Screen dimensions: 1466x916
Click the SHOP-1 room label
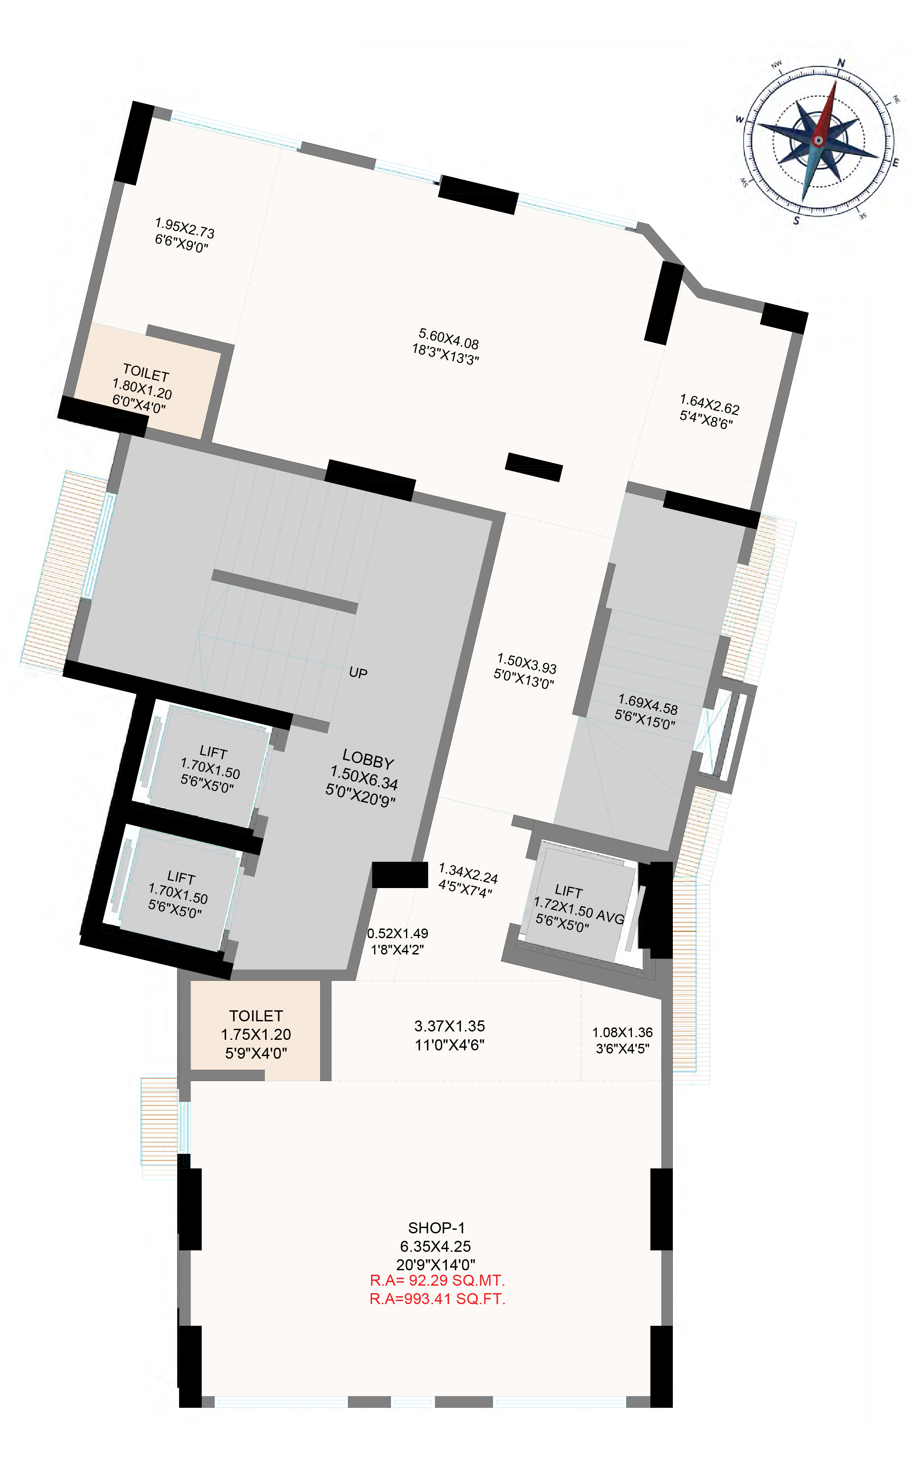coord(436,1228)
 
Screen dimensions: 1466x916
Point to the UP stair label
coord(358,673)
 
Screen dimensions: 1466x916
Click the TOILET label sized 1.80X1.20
coord(146,372)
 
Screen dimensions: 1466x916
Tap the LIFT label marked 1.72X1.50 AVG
coord(568,891)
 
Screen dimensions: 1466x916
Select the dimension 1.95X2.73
coord(185,228)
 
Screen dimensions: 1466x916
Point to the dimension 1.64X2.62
coord(709,404)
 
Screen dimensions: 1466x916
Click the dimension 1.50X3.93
coord(526,663)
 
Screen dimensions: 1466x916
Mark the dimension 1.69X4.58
coord(648,705)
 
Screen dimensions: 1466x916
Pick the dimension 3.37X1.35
coord(449,1026)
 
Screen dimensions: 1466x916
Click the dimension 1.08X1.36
coord(622,1032)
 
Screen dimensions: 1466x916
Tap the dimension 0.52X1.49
coord(398,933)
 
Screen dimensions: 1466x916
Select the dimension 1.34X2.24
coord(468,874)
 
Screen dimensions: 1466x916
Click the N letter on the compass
coord(841,63)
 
